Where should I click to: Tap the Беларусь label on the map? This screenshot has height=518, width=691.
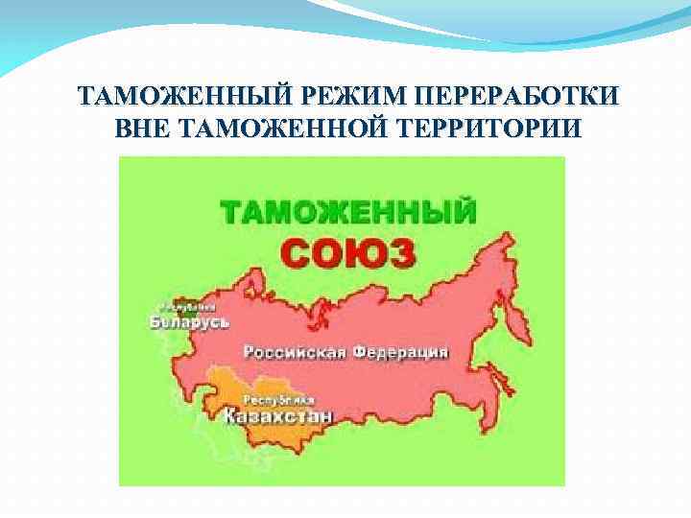click(x=189, y=322)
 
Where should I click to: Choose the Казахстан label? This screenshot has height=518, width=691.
click(x=278, y=417)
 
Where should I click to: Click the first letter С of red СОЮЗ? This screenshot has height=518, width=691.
click(x=298, y=252)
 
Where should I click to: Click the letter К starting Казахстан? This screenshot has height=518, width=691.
click(x=231, y=417)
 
